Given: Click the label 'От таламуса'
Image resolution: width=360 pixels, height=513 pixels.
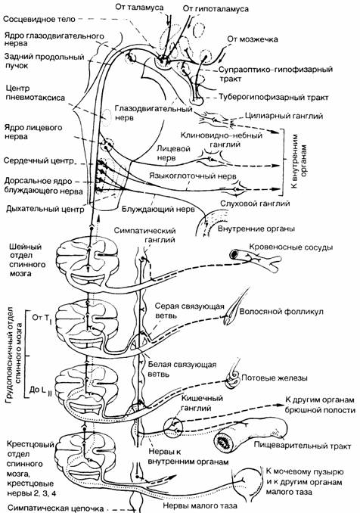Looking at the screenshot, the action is click(x=139, y=8).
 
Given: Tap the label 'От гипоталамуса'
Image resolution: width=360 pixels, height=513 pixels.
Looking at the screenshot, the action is click(x=216, y=9).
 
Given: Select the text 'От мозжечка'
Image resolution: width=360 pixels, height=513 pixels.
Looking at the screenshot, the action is click(x=253, y=39).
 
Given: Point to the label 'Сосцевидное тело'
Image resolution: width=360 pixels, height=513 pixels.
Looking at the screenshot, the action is click(x=39, y=19).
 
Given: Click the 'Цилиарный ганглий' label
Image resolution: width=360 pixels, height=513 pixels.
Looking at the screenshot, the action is click(x=284, y=116).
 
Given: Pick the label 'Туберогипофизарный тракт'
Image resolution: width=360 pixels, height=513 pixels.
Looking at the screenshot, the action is click(x=273, y=98).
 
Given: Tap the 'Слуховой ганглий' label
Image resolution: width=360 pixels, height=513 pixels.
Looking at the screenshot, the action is click(x=255, y=204).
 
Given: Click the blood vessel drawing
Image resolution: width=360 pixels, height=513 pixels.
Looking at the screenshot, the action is click(x=255, y=260).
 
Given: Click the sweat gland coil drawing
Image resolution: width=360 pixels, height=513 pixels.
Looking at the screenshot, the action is click(x=232, y=380).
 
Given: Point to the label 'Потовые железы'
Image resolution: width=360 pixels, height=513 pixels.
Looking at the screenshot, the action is click(x=275, y=378).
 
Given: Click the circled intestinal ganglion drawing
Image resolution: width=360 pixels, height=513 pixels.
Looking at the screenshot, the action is click(x=172, y=427).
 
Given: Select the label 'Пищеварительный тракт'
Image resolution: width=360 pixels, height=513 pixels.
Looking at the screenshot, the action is click(x=303, y=446).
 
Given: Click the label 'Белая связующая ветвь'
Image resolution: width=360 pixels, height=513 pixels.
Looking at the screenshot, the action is click(x=182, y=368).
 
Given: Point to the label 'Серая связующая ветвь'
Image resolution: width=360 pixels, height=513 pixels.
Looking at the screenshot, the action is click(x=189, y=311).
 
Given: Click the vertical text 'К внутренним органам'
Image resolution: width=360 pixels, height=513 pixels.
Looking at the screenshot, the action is click(x=299, y=161).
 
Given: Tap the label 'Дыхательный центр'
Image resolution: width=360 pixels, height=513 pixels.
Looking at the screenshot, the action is click(x=45, y=209).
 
